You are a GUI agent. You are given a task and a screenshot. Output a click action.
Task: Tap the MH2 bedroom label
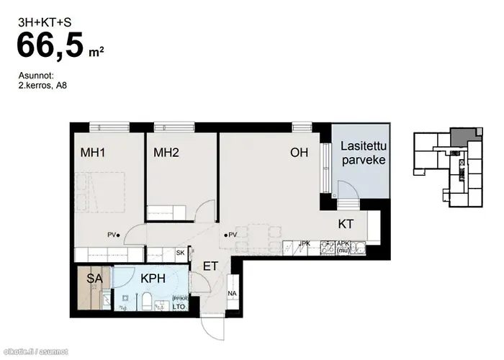166,153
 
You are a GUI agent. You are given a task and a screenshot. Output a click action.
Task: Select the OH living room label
300,153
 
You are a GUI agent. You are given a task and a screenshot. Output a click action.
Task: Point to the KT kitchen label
346,224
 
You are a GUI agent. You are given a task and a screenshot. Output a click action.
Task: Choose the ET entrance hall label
210,266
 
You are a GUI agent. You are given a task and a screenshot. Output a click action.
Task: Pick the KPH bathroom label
153,279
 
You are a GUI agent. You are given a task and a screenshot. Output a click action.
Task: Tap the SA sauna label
94,278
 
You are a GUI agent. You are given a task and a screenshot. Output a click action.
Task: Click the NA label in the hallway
232,294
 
